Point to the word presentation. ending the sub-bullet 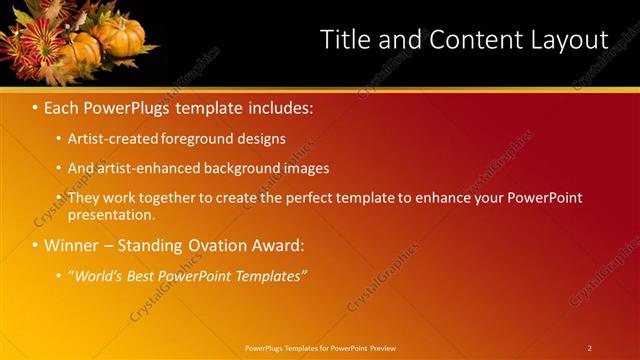(x=111, y=214)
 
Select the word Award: (x=275, y=245)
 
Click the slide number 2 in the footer (x=589, y=347)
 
